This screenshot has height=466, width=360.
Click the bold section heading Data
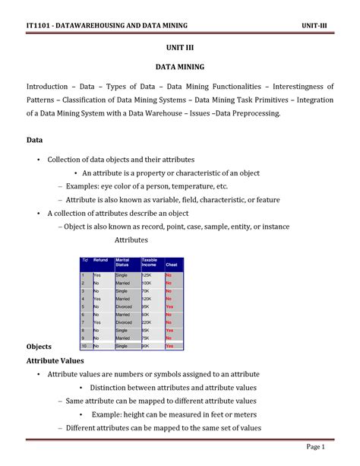(34, 141)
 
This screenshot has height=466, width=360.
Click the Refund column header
(101, 262)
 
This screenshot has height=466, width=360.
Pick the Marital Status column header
(123, 263)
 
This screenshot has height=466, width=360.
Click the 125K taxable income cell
(147, 274)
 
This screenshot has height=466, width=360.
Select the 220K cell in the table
(147, 322)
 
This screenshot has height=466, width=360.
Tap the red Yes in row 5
(169, 306)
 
